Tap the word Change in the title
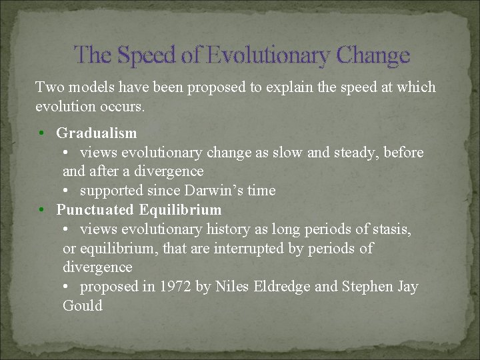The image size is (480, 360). point(373,55)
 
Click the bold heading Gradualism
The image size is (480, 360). point(97,133)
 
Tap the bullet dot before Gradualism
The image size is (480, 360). point(42,134)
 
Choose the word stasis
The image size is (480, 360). point(390,229)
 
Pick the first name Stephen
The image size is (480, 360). point(367,287)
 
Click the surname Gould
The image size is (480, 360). point(83,306)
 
